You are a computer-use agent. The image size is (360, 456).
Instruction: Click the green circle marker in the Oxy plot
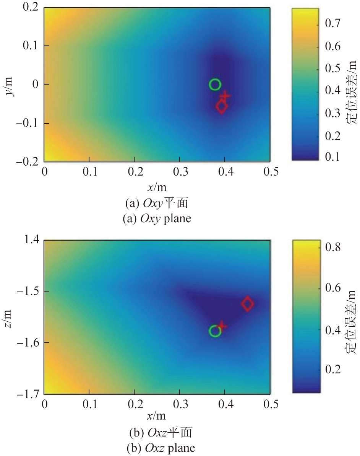point(215,85)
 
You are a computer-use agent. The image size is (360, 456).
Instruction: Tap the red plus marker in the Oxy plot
point(225,96)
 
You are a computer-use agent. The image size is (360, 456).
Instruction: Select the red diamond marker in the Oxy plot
point(222,107)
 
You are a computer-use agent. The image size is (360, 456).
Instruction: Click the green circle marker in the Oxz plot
point(215,331)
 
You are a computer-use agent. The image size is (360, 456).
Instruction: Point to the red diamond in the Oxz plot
point(248,304)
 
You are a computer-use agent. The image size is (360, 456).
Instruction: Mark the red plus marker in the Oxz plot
point(222,326)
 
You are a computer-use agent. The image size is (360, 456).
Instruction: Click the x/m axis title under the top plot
point(157,187)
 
